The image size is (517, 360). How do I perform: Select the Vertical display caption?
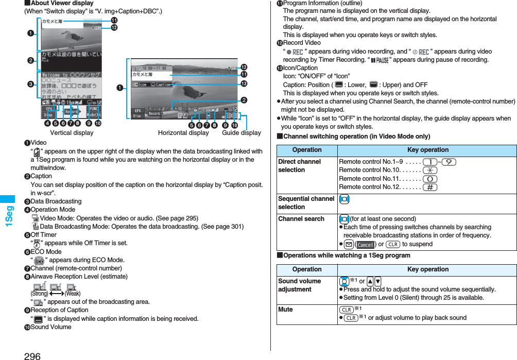point(72,133)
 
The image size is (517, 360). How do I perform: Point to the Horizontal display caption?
point(183,133)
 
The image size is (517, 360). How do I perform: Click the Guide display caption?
point(241,133)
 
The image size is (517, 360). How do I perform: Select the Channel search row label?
point(301,219)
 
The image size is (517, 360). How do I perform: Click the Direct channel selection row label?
point(299,166)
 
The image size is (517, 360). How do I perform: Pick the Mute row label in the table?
point(285,310)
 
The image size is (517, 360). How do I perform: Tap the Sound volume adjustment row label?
point(299,285)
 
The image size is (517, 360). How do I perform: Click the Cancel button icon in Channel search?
point(365,244)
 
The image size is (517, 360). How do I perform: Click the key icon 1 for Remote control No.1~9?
point(429,162)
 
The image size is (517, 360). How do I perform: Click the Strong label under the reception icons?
point(40,294)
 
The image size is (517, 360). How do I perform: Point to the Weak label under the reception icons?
point(72,294)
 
